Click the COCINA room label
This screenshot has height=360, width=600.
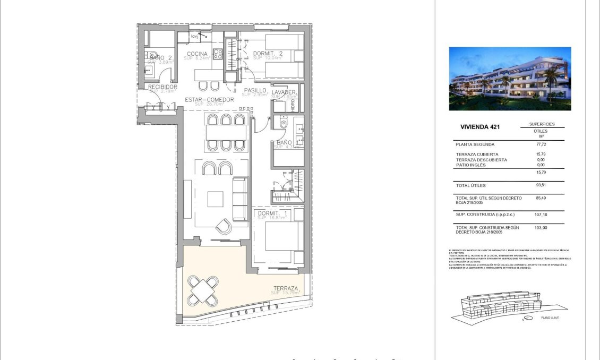196,54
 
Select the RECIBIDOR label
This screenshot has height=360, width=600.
162,87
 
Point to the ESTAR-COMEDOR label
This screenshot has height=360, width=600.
209,100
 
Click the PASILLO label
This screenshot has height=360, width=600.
255,91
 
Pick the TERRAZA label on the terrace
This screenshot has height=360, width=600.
286,289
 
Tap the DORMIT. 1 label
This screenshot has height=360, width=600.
271,213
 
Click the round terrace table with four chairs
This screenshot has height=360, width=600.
202,290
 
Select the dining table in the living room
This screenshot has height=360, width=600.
226,132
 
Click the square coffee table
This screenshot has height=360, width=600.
216,199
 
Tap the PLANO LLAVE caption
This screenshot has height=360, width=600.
550,318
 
